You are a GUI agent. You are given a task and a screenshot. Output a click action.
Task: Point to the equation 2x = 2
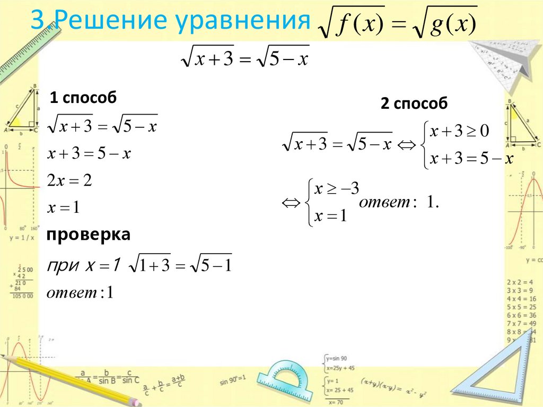(69, 181)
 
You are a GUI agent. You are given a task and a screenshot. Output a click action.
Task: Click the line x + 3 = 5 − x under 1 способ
(89, 154)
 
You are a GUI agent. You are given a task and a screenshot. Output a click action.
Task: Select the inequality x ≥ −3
(337, 188)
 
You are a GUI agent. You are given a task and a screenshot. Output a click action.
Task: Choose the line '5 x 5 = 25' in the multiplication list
(521, 307)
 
